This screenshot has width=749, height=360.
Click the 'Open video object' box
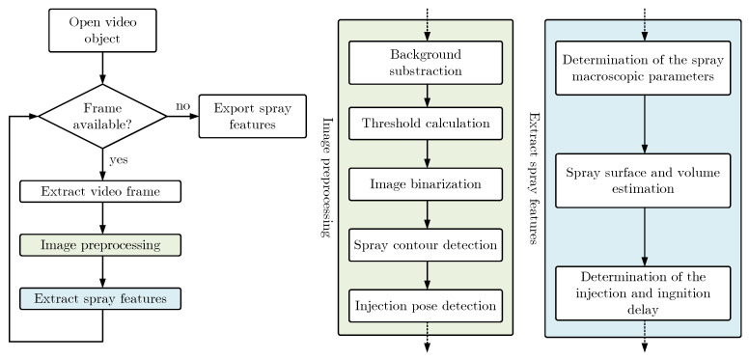101,31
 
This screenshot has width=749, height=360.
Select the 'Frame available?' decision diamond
101,116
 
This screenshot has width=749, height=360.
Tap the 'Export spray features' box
240,116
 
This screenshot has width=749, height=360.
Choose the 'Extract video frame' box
101,191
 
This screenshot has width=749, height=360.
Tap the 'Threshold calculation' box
426,124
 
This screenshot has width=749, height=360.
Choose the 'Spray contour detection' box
426,245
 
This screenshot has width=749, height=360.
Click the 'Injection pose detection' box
426,306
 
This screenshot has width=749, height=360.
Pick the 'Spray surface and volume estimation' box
643,180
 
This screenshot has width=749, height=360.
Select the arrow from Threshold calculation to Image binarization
426,152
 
